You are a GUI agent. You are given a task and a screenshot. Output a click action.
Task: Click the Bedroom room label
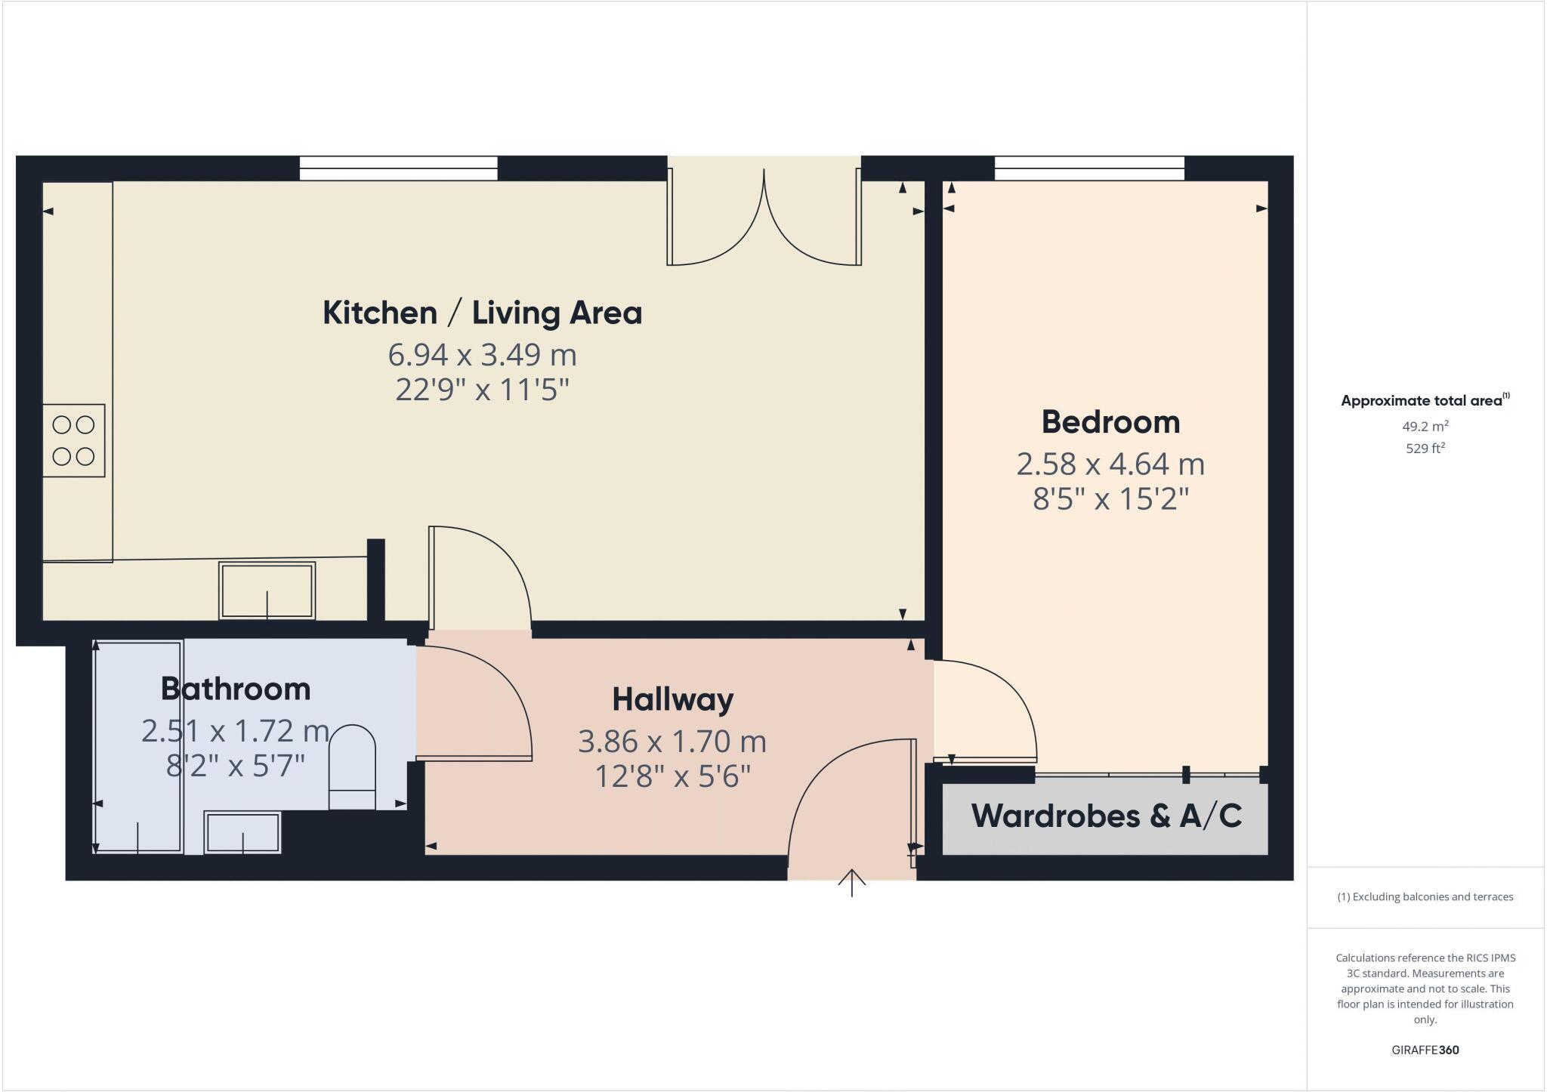pos(1110,421)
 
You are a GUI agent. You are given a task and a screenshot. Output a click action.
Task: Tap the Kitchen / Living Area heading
pos(482,313)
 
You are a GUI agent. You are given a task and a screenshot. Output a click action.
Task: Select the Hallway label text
pos(672,699)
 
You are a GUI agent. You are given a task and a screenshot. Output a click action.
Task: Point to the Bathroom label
pos(236,689)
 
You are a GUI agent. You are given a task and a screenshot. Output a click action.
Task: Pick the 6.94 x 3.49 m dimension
pos(482,353)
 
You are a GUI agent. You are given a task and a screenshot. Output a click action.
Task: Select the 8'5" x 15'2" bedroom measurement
pos(1110,499)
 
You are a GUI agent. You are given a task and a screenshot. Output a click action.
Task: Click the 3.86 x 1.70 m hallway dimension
pos(672,742)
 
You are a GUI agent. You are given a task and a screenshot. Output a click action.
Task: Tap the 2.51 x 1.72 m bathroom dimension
pos(236,730)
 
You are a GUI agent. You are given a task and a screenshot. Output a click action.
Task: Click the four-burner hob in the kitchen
pos(73,440)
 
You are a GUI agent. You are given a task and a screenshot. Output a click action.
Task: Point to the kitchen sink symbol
pos(267,591)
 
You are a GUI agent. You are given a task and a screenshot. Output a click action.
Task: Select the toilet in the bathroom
pos(353,767)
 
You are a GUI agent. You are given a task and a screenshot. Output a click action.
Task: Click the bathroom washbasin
pos(242,832)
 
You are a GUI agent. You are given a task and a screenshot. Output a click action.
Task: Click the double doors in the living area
pos(764,215)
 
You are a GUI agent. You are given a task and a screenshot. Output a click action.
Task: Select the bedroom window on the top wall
pos(1089,168)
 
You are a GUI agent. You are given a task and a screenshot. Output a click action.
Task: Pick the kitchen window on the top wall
pos(398,168)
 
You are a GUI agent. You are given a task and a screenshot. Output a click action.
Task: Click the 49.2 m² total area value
pos(1425,426)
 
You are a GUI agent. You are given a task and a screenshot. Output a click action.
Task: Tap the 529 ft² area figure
pos(1425,448)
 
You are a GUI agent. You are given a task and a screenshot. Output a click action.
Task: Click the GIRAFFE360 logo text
pos(1425,1050)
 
